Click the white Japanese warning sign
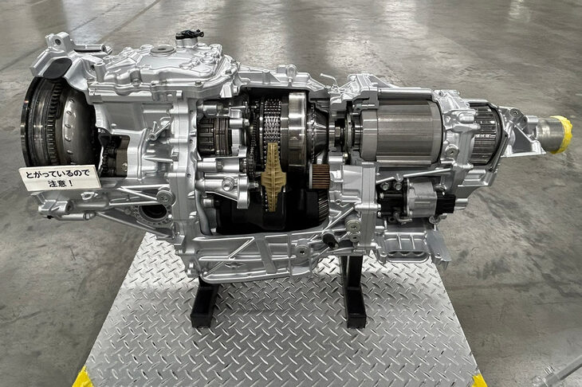click(60, 178)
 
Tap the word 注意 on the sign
click(57, 183)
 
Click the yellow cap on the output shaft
click(560, 135)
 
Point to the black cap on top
click(190, 34)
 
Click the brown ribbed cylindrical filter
click(319, 177)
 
